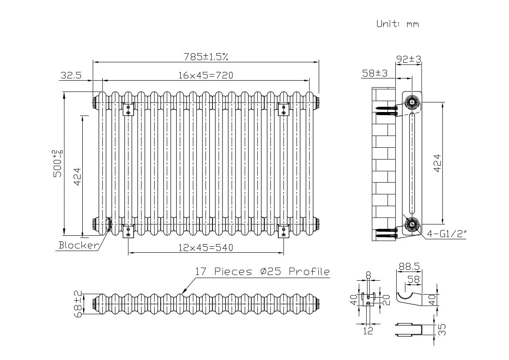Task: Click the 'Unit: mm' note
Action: pos(398,24)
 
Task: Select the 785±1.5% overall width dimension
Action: pos(206,57)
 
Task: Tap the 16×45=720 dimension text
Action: pos(206,75)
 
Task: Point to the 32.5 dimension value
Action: pos(71,75)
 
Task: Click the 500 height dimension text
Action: pos(57,163)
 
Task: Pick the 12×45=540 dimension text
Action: pos(206,248)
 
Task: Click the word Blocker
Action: pos(78,245)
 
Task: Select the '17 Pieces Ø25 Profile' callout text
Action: pos(262,271)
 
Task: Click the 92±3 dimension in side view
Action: pos(409,59)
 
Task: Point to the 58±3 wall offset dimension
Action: pos(375,73)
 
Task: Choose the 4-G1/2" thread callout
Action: pos(447,234)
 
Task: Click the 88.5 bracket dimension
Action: pos(409,266)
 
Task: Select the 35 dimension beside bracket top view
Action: pos(442,329)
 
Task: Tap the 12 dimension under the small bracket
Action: pos(368,331)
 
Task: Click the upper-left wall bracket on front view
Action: pos(128,109)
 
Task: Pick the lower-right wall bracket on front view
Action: pos(283,231)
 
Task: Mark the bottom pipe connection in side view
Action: pos(412,224)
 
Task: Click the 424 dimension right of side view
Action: pos(438,163)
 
